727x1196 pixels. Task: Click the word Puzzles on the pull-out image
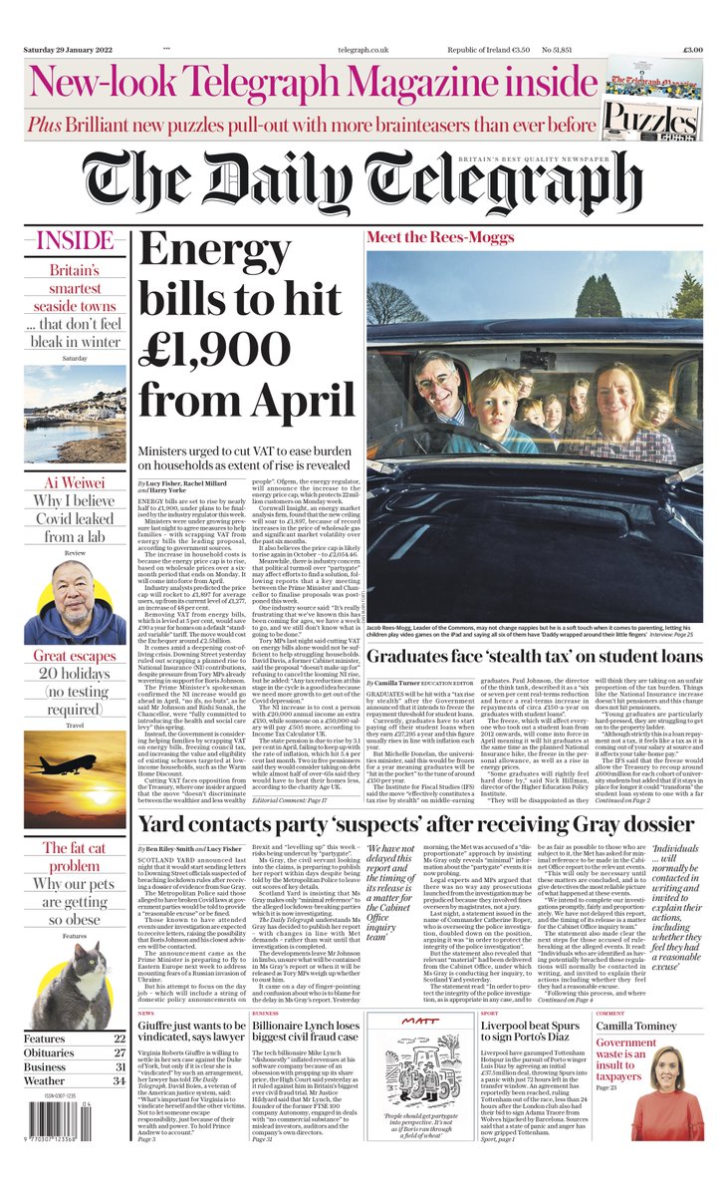coord(665,117)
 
